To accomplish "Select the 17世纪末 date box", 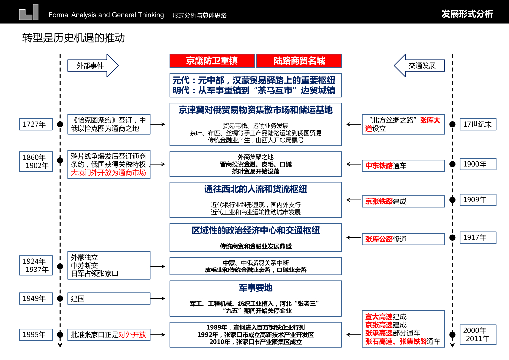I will (477, 124).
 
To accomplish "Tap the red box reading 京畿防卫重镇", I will (212, 61).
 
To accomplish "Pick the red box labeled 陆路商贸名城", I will (299, 61).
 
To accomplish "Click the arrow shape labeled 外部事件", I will (92, 65).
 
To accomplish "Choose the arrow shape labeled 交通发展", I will (420, 65).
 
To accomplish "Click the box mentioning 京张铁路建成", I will (403, 201).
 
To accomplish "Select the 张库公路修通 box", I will (403, 239).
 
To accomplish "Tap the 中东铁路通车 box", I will (403, 165).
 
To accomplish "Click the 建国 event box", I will (109, 298).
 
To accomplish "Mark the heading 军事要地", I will (255, 288).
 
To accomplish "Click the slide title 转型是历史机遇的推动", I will (73, 38).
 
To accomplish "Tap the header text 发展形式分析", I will (467, 14).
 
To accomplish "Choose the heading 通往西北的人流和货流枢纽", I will (255, 189).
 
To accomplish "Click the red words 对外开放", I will (132, 335).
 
